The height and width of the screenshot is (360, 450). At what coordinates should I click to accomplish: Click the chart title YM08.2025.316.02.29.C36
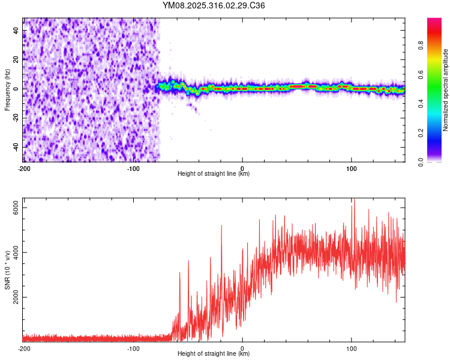tap(214, 6)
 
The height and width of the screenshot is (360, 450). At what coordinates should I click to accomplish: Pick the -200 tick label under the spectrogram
tap(24, 169)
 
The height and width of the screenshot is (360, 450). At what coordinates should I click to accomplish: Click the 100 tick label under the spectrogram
tap(351, 169)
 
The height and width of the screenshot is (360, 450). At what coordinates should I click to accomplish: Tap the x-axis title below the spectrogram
tap(214, 174)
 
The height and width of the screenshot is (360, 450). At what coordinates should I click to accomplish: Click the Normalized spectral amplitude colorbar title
tap(445, 90)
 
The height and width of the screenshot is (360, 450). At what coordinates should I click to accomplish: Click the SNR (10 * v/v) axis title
tap(7, 270)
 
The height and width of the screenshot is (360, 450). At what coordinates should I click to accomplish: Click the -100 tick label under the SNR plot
tap(133, 349)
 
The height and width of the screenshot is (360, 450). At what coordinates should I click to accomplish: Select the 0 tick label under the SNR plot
tap(242, 349)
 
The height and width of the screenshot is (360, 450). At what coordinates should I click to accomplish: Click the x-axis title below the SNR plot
tap(214, 354)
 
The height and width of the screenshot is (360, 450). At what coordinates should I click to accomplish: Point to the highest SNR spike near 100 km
tap(354, 200)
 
